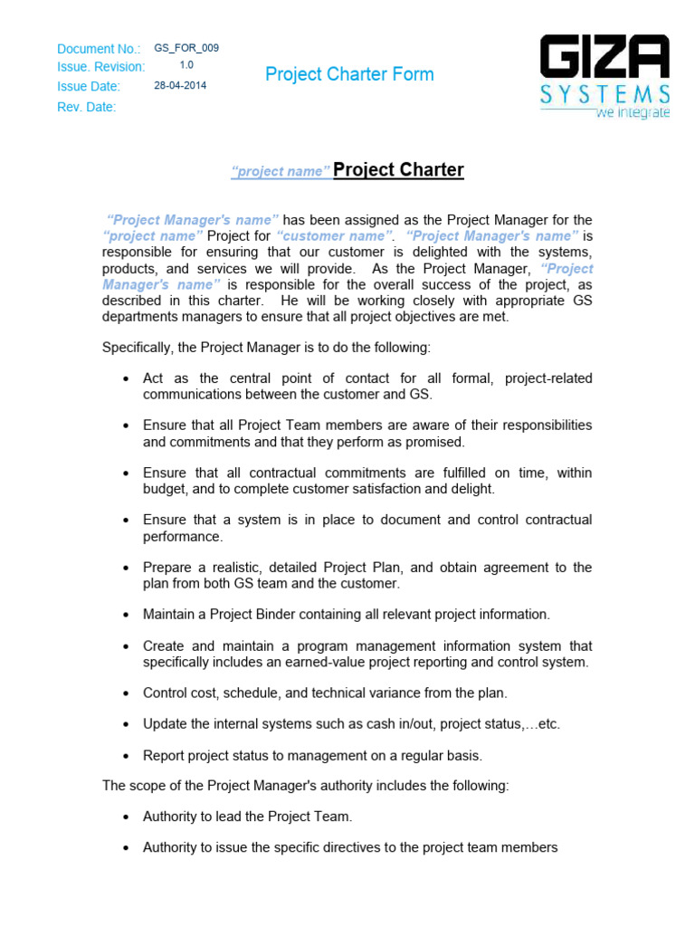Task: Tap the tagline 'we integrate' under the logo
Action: pos(632,113)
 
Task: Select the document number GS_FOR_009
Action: pos(186,48)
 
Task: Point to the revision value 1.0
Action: pos(186,65)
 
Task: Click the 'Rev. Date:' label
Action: pos(87,107)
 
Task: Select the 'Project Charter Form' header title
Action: pos(349,74)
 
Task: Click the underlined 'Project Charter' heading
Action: pos(398,170)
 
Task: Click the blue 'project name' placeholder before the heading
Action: pos(280,172)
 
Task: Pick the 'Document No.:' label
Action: pos(99,49)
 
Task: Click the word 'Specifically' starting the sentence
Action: pos(136,347)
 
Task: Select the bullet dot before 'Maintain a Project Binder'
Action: pos(126,615)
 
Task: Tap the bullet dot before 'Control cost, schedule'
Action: pos(126,693)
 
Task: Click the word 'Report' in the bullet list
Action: pos(163,756)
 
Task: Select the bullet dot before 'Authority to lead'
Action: pos(126,817)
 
